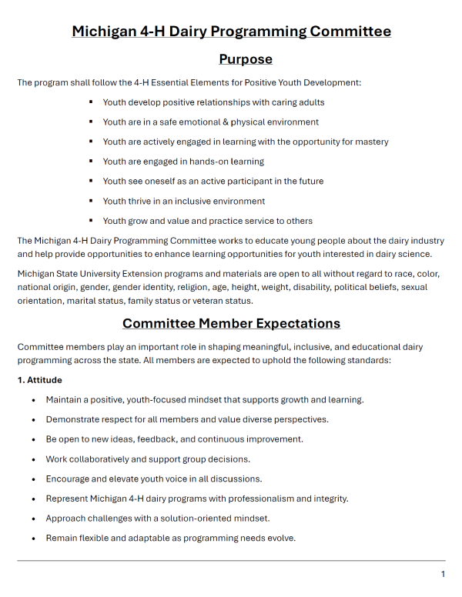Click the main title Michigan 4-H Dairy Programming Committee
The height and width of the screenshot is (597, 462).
tap(231, 32)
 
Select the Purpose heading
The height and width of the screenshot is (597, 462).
tap(246, 59)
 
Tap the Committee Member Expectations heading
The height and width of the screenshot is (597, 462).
tap(231, 323)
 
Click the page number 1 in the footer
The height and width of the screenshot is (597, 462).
tap(443, 575)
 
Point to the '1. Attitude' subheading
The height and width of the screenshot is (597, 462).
tap(40, 380)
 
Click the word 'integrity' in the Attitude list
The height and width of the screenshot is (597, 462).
tap(328, 499)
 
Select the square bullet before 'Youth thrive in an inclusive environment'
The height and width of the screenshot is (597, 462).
tap(91, 201)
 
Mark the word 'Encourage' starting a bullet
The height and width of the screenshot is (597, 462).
tap(70, 479)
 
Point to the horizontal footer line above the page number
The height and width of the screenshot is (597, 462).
tap(231, 561)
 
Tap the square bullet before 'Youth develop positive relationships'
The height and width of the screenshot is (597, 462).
tap(91, 102)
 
